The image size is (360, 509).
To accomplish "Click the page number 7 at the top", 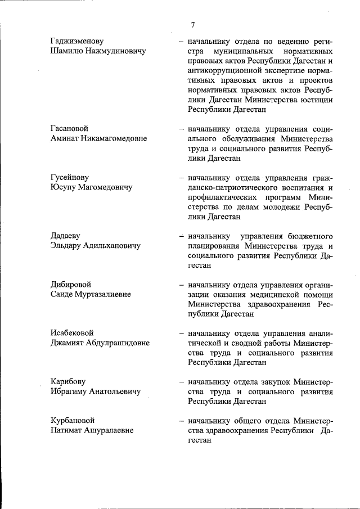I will (192, 25).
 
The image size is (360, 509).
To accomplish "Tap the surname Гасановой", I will (69, 129).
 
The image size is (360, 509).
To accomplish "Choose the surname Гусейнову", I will (70, 177).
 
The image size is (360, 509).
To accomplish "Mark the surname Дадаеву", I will (66, 236).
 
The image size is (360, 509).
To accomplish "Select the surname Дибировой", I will (71, 284).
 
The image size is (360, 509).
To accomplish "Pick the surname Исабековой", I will (72, 332).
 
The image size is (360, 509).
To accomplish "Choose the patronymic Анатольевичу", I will (111, 391).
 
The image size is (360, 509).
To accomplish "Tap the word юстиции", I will (318, 100).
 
